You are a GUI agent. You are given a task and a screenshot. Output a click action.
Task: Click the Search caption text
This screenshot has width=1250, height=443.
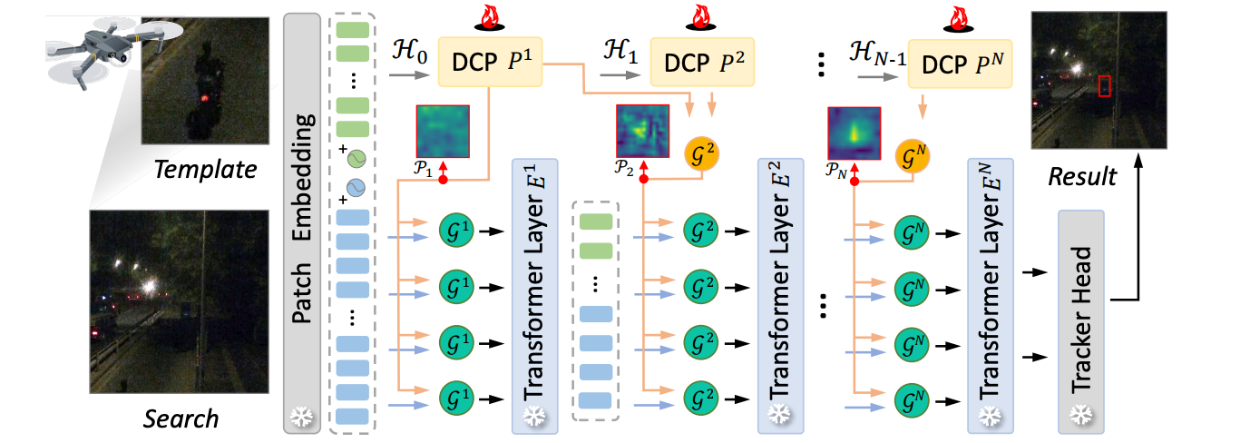pos(181,418)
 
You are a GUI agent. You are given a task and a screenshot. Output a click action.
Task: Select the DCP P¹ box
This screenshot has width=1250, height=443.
pos(491,62)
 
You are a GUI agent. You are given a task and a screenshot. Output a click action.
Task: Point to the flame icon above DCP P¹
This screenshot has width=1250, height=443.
pos(491,17)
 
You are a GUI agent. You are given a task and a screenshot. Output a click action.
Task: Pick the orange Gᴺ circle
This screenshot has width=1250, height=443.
pos(913,153)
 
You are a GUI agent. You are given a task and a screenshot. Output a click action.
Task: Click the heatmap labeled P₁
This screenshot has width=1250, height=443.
pos(443,132)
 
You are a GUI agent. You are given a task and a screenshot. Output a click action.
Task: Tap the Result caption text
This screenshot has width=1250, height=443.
pos(1081,176)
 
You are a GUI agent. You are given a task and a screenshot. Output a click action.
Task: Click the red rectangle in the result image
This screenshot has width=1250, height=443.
pos(1104,86)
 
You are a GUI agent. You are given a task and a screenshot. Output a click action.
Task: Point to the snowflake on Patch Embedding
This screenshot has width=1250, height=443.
pos(299,418)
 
